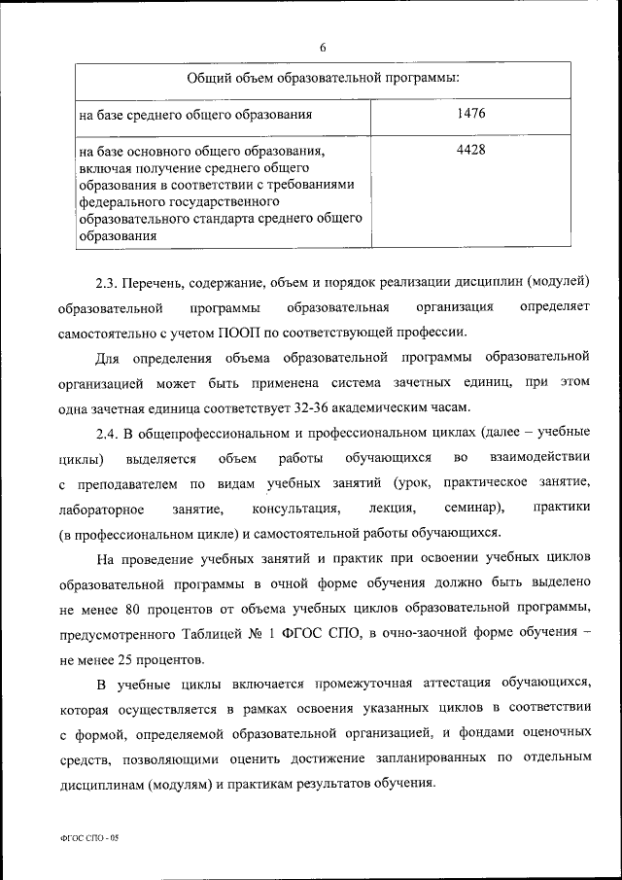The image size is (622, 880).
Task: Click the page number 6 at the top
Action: click(x=322, y=46)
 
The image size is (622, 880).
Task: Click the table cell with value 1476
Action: click(x=469, y=115)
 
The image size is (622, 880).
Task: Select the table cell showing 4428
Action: click(x=469, y=150)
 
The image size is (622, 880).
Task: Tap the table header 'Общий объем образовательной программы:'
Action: click(x=323, y=77)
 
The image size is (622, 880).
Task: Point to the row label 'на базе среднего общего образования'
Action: click(x=195, y=116)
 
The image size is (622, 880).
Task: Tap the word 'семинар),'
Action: click(x=470, y=509)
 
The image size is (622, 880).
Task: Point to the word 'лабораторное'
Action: click(x=102, y=509)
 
